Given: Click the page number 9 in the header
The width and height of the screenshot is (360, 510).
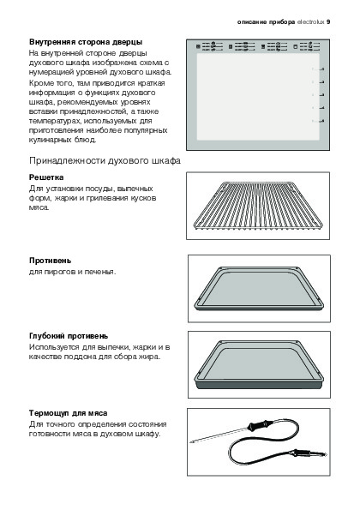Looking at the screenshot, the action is coord(328,22).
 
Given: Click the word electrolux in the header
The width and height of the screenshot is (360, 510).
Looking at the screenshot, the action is coord(311,22).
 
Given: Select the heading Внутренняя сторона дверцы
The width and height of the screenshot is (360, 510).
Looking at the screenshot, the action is coord(86,42).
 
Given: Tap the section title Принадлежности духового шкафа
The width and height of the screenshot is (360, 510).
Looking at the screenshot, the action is coord(105,160).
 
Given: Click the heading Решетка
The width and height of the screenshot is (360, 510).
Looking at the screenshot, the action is coord(46,177).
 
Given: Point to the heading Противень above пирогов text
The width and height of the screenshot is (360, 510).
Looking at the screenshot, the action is coord(50,261).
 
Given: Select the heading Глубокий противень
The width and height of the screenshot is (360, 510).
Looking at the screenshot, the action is coord(69,336).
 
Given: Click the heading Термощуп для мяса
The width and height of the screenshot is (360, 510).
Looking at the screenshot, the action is coord(68,413).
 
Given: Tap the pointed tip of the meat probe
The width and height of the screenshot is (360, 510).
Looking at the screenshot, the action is coord(191,441).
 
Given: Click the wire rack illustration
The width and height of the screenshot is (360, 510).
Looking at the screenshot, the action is coord(258,207).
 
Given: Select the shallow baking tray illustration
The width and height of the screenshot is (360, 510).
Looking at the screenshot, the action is coord(259,289).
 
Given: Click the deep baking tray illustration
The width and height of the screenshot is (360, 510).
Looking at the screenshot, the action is coord(259,364).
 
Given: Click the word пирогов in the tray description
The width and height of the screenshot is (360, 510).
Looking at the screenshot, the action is coord(58,272).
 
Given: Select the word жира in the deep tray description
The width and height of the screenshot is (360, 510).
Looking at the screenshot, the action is coord(150,357).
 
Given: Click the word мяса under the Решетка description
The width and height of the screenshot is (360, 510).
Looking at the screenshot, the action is coord(39,207).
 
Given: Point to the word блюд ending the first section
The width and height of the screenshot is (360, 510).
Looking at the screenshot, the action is coord(87,140).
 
